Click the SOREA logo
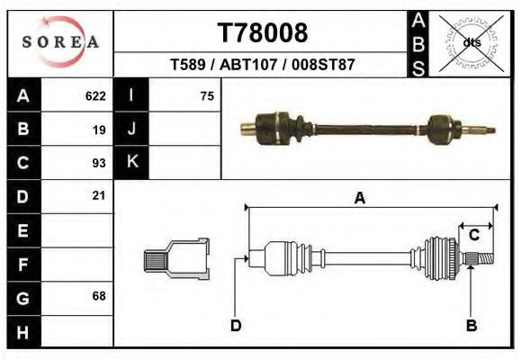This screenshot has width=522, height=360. pyautogui.click(x=60, y=42)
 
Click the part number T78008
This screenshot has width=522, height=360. pyautogui.click(x=263, y=32)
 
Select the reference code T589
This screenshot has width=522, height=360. pyautogui.click(x=186, y=65)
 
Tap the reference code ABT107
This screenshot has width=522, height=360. pyautogui.click(x=248, y=65)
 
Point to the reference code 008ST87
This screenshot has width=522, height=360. pyautogui.click(x=319, y=65)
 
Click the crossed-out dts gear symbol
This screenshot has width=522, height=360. pyautogui.click(x=471, y=41)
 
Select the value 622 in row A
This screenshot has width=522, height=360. pyautogui.click(x=95, y=95)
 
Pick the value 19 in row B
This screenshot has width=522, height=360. pyautogui.click(x=99, y=130)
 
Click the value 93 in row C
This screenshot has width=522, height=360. pyautogui.click(x=99, y=163)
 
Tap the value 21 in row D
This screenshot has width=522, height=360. pyautogui.click(x=99, y=195)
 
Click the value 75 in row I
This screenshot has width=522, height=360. pyautogui.click(x=207, y=95)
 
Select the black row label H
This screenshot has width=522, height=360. pyautogui.click(x=23, y=332)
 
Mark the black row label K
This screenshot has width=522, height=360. pyautogui.click(x=131, y=162)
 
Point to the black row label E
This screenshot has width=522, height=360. pyautogui.click(x=23, y=230)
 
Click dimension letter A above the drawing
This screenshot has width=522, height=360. pyautogui.click(x=359, y=199)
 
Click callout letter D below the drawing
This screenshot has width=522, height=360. pyautogui.click(x=236, y=326)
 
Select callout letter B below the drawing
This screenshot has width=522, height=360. pyautogui.click(x=471, y=326)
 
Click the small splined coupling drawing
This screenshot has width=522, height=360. pyautogui.click(x=177, y=258)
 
